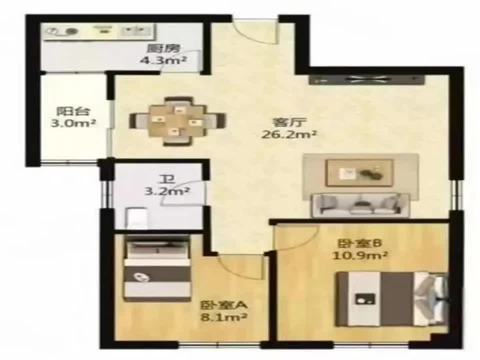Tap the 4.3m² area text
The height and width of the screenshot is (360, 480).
point(163,60)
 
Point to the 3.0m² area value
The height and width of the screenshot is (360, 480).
point(73,123)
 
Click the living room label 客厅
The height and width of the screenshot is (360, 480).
point(289,122)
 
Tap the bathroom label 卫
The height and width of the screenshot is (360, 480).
point(167,178)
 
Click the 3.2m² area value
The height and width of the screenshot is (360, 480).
point(167,191)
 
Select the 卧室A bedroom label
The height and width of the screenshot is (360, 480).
point(224,305)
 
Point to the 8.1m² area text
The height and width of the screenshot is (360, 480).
point(224,317)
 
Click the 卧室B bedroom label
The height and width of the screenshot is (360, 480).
point(360,243)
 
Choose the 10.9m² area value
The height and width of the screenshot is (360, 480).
point(360,255)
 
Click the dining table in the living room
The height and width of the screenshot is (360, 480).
point(177,121)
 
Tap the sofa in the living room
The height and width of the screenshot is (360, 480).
point(360,205)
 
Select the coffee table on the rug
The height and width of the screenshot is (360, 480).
point(360,172)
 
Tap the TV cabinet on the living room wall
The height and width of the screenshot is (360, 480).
point(366,79)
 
